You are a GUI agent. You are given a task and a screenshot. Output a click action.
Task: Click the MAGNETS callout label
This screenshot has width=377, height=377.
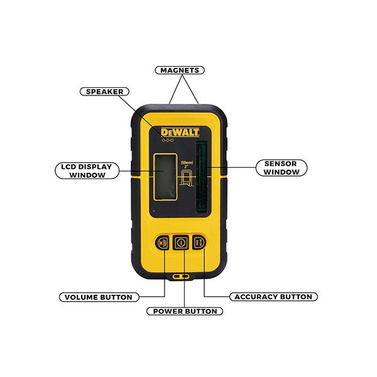tap(180, 70)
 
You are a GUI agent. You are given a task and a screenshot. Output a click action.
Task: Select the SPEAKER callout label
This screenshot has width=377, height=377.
tap(104, 92)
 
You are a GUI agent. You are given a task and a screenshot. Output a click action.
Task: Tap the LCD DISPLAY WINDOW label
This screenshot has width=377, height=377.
tap(87, 171)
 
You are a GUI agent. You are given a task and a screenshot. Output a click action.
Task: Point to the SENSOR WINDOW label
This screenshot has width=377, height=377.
tap(281, 168)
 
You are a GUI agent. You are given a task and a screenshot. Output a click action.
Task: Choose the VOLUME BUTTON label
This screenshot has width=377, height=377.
tap(99, 297)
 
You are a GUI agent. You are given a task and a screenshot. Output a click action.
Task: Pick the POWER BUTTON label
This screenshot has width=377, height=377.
tap(185, 311)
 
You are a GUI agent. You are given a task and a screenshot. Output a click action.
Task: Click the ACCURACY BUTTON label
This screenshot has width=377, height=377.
tap(273, 297)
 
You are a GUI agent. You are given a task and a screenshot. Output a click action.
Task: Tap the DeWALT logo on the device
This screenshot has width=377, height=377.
tap(180, 132)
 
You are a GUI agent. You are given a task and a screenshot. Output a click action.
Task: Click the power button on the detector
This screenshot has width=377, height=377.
tap(181, 243)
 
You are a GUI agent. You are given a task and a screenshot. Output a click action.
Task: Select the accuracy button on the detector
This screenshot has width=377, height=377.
tap(199, 242)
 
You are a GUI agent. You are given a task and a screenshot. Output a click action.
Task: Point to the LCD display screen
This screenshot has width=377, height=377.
tap(165, 177)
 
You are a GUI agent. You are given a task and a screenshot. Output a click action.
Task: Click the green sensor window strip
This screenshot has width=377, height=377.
tap(202, 177)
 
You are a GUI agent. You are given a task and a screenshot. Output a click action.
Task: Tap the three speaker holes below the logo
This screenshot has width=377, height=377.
tap(168, 140)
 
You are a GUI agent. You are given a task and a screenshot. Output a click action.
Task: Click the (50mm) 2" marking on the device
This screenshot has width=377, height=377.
tap(187, 165)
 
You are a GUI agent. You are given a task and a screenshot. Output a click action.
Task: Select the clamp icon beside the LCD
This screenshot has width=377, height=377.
tap(187, 178)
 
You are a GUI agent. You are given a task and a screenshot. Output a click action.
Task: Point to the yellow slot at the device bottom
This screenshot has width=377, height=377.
tap(180, 276)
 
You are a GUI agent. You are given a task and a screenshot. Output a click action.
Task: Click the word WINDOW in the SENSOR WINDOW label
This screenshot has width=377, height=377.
tap(281, 172)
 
